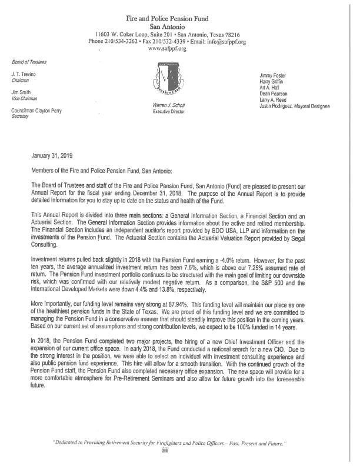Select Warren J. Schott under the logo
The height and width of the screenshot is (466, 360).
[x=168, y=105]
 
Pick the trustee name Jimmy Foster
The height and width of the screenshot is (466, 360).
[x=274, y=75]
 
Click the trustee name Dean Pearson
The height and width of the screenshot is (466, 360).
[x=274, y=94]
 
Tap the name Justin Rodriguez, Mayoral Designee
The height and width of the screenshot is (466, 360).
[x=294, y=106]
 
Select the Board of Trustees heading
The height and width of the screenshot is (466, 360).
[x=29, y=62]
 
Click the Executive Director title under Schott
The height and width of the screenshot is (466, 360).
[x=168, y=111]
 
